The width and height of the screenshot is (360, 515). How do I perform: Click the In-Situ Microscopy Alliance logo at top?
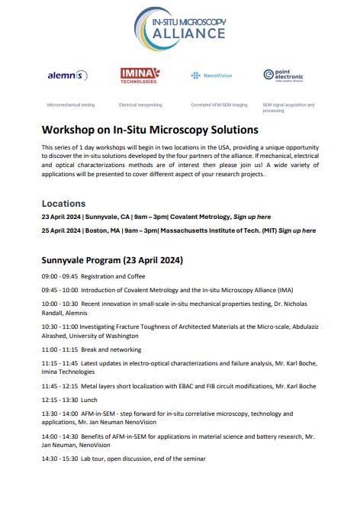click(181, 26)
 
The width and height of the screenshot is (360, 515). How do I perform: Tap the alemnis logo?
click(68, 75)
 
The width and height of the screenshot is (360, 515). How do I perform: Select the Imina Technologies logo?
click(140, 75)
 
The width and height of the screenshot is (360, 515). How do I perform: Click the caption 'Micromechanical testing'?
click(71, 104)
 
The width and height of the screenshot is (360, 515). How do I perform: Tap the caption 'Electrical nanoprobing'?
click(140, 104)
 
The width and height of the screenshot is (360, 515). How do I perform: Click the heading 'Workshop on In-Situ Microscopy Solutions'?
click(150, 130)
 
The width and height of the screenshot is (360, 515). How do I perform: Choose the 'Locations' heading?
click(64, 204)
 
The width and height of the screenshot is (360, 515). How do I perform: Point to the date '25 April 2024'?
click(60, 230)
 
